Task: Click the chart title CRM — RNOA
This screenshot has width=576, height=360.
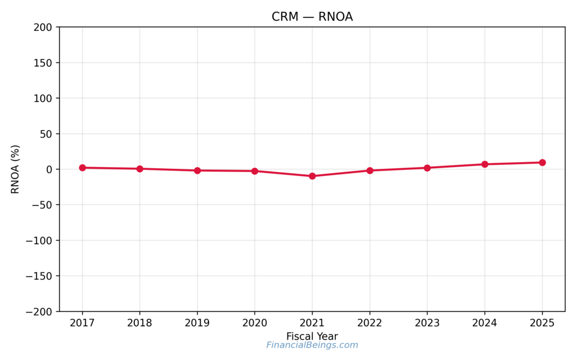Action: coord(312,17)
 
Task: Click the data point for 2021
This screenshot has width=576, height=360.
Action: coord(312,176)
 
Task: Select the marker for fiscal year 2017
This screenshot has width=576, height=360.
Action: coord(82,168)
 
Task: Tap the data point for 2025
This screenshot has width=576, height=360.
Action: coord(542,163)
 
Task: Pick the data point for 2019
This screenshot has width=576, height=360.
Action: coord(197,170)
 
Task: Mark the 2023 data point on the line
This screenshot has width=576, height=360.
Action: coord(427,168)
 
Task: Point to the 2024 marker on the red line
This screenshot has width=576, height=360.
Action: coord(484,164)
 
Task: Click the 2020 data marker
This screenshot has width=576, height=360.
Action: coord(255,171)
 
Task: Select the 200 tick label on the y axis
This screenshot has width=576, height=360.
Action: coord(44,27)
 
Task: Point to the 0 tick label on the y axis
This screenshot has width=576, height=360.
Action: coord(49,169)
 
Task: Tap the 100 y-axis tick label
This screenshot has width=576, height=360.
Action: coord(44,98)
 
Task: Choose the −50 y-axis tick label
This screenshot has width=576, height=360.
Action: coord(42,205)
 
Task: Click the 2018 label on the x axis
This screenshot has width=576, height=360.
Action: coord(139,323)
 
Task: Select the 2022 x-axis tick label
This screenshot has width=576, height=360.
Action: coord(370,323)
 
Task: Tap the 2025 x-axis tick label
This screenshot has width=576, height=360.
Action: coord(542,323)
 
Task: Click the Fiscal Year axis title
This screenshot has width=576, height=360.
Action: coord(312,336)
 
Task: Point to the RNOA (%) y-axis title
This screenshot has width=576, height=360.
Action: coord(16,169)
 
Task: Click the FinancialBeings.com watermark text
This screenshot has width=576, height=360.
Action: coord(312,345)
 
